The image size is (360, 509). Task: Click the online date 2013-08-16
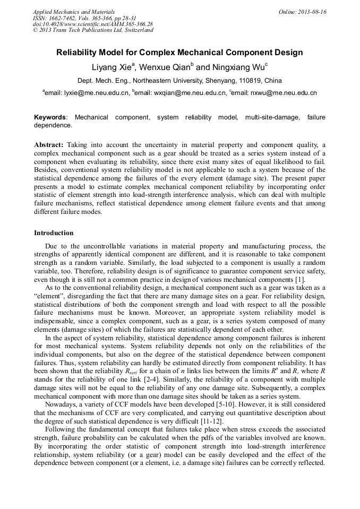[x=312, y=12]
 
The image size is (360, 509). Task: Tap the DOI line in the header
[x=93, y=24]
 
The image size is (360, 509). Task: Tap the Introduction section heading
[x=54, y=233]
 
